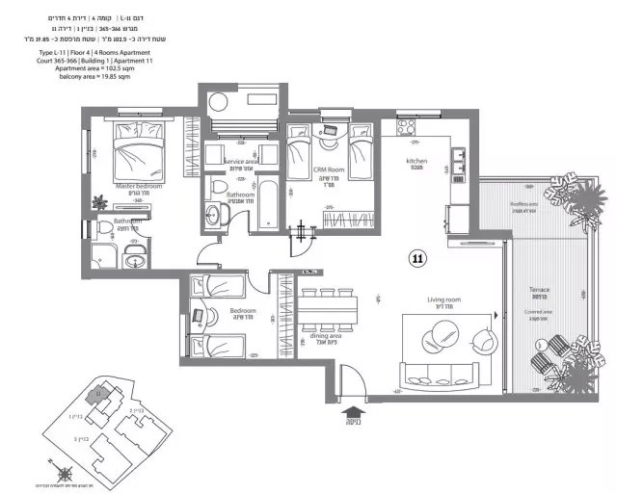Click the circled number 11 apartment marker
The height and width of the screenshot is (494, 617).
click(417, 257)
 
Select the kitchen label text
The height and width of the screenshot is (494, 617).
click(416, 160)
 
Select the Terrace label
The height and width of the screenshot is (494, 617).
click(539, 289)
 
